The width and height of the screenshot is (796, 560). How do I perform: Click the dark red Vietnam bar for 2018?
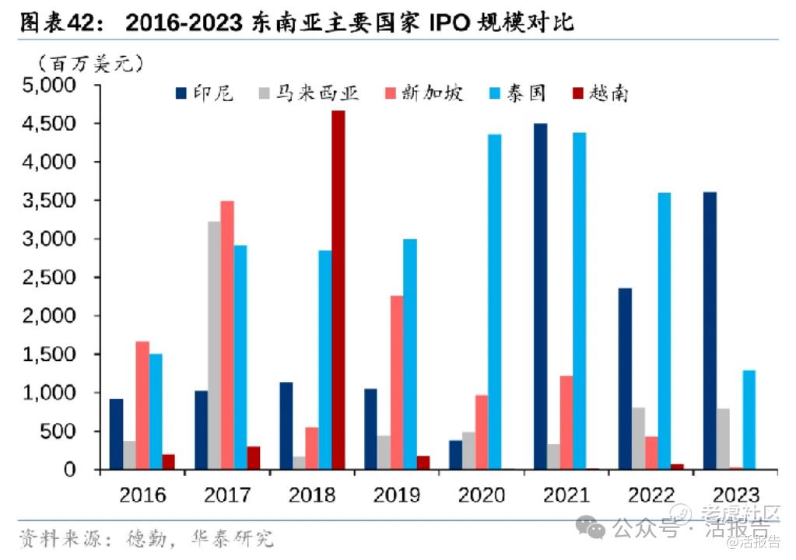(x=338, y=289)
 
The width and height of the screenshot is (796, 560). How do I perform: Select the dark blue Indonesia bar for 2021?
(x=540, y=296)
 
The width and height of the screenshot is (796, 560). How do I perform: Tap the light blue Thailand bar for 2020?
(x=494, y=302)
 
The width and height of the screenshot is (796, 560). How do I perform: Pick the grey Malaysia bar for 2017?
(x=214, y=345)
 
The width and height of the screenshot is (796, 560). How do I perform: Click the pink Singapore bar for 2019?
(x=397, y=382)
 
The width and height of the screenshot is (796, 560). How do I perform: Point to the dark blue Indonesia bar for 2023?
(x=710, y=331)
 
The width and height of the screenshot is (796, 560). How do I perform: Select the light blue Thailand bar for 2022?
(x=664, y=331)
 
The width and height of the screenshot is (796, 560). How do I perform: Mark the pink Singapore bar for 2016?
(x=142, y=404)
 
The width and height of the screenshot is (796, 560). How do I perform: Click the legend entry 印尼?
(x=205, y=94)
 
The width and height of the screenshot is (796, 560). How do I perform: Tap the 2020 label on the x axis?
(x=482, y=495)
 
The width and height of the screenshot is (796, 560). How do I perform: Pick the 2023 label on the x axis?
(x=735, y=495)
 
